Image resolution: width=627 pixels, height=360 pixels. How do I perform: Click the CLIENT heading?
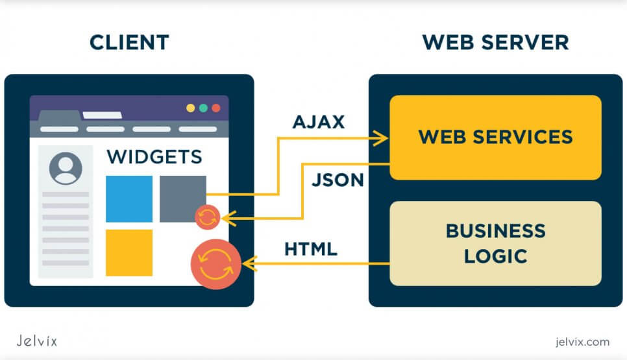(x=129, y=43)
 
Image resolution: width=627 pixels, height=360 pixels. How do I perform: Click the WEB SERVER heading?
(x=495, y=43)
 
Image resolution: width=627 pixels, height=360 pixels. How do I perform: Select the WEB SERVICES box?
(x=495, y=138)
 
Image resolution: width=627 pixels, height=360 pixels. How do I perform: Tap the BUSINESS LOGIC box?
(x=495, y=243)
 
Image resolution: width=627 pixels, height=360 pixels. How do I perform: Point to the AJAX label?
(x=319, y=122)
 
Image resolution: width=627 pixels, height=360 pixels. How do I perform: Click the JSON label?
(x=338, y=180)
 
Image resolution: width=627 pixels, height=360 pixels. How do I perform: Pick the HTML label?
(x=311, y=249)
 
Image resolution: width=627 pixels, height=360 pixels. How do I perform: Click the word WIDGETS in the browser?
(x=154, y=157)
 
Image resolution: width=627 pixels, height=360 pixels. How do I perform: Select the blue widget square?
(x=129, y=198)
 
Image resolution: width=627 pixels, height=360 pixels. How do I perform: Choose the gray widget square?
(x=182, y=197)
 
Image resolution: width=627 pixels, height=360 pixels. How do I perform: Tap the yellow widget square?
(x=129, y=252)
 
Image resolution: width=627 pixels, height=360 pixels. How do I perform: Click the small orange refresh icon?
(x=208, y=218)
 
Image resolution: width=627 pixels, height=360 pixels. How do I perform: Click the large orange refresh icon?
(x=215, y=264)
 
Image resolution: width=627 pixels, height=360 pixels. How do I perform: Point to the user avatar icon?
(x=66, y=169)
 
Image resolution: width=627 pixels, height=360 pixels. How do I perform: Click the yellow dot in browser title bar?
(x=191, y=108)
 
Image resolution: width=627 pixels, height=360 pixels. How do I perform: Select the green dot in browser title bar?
(x=203, y=108)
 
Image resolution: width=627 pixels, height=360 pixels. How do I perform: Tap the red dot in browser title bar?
(x=215, y=108)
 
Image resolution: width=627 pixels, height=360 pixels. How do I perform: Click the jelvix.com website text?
(x=583, y=341)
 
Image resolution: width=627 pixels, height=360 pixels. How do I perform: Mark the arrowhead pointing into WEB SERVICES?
(x=382, y=138)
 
